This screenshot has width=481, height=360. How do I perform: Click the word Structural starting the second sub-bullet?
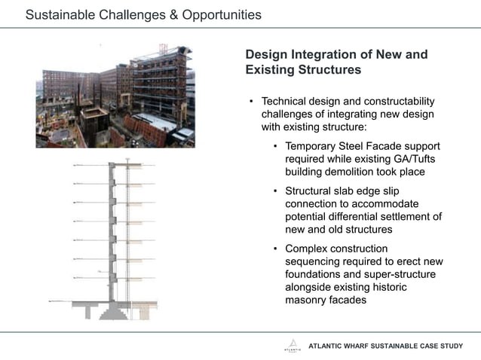point(310,191)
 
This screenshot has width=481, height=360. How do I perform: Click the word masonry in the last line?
point(309,301)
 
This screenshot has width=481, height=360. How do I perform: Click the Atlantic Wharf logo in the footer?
point(292,346)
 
